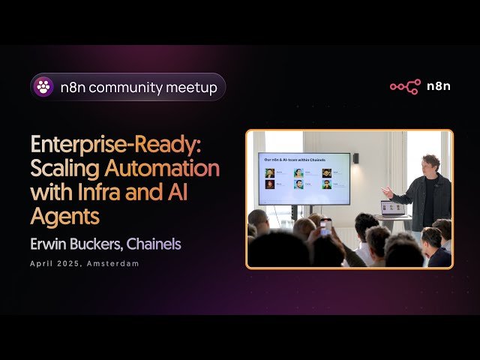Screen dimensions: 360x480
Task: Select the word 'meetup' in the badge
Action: click(x=190, y=88)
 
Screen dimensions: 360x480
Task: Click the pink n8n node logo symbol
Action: click(x=405, y=86)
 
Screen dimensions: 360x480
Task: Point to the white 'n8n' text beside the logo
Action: click(x=439, y=86)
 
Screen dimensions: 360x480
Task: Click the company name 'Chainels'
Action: click(x=154, y=244)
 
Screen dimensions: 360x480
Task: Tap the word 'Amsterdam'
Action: click(x=113, y=264)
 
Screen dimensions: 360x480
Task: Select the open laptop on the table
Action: click(x=393, y=208)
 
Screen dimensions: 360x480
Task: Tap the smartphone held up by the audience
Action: click(x=325, y=227)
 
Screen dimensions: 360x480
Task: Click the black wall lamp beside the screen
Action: click(x=355, y=158)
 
